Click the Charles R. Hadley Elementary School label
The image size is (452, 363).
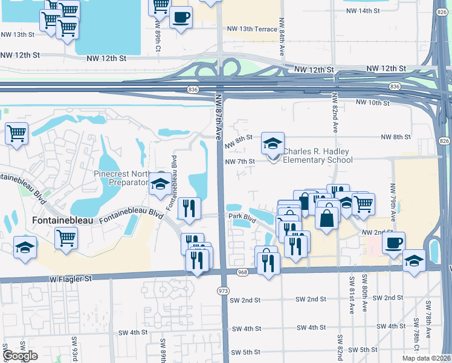coord(317,155)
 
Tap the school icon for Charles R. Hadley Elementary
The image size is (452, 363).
coord(273,145)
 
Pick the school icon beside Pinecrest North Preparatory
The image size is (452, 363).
coord(160,183)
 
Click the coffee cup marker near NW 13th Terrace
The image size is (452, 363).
coord(180,18)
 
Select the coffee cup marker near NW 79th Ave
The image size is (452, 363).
coord(393,243)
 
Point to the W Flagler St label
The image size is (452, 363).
coord(71,278)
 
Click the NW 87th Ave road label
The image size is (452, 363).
coord(218,116)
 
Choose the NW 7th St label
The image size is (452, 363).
coord(240,162)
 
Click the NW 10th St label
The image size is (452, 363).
coord(372,103)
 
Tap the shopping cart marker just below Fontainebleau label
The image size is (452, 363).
coord(65,238)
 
